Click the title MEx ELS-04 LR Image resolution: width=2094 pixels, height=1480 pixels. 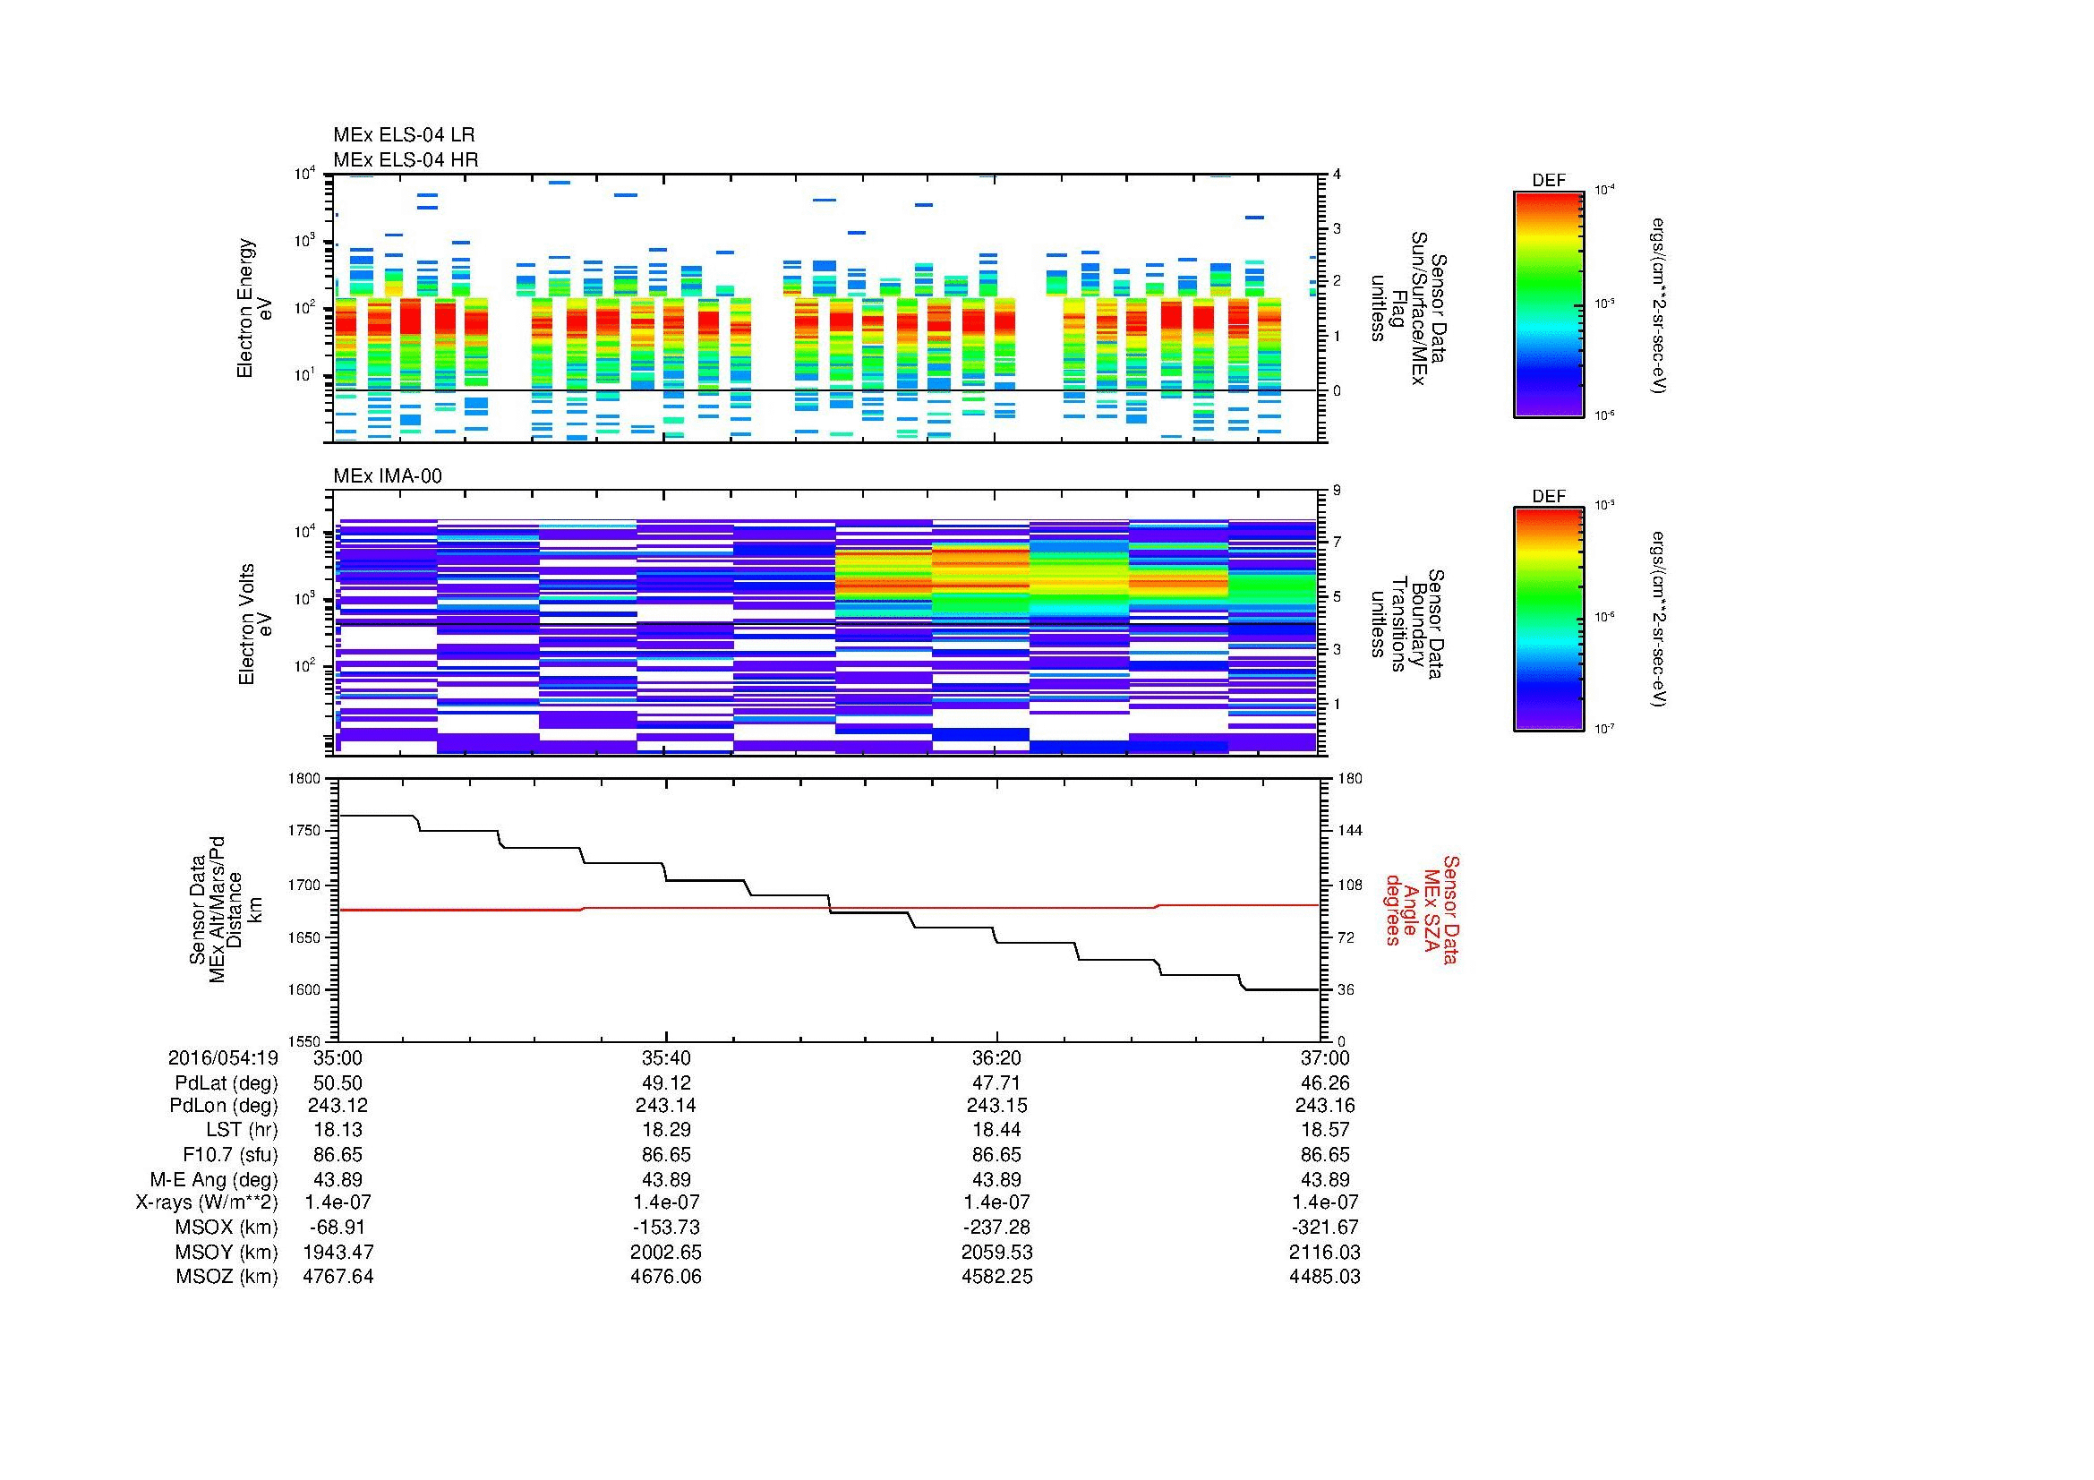click(403, 135)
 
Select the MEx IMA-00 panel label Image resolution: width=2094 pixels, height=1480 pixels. click(387, 476)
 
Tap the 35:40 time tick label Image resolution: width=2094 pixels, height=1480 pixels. click(666, 1057)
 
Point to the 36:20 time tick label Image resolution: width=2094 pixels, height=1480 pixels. click(996, 1057)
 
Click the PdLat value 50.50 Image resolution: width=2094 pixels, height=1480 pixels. click(338, 1082)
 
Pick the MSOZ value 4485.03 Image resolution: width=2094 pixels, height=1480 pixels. click(1324, 1277)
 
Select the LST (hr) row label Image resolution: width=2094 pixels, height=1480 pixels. click(242, 1130)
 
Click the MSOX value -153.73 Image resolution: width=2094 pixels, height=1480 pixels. click(666, 1228)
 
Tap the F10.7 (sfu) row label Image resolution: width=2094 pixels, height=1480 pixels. click(230, 1154)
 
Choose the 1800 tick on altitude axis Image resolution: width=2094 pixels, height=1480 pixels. click(305, 779)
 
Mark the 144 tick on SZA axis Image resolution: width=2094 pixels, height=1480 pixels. click(1349, 831)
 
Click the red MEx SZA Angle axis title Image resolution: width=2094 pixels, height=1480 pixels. click(1421, 909)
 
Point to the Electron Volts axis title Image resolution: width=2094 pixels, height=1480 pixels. click(255, 625)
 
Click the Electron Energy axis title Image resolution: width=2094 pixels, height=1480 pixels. click(254, 308)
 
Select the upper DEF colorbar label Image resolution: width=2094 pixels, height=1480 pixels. click(1548, 181)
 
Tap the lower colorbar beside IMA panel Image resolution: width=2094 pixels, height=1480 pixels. click(1548, 620)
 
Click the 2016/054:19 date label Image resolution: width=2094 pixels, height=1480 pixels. click(223, 1057)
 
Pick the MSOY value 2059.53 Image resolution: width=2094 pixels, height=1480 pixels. click(996, 1252)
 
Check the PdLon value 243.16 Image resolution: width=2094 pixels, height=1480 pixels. click(1324, 1106)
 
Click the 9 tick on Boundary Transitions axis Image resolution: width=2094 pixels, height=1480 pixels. click(1337, 491)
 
